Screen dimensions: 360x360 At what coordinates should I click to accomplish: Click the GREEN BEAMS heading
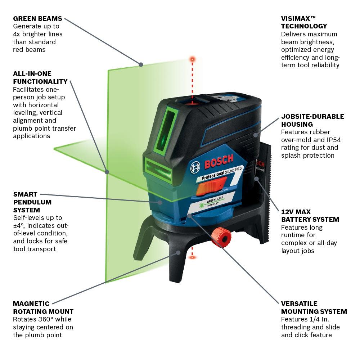click(x=37, y=18)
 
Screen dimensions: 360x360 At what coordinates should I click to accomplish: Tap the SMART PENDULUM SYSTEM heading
click(x=32, y=202)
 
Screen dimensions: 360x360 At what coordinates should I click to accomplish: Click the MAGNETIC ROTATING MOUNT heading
click(x=43, y=308)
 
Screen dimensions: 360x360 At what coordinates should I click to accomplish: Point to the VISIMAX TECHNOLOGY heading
click(x=304, y=22)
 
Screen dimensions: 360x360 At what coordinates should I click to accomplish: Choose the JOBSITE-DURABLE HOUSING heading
click(x=312, y=120)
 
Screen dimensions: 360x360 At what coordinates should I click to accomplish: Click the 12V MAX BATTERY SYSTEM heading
click(x=310, y=216)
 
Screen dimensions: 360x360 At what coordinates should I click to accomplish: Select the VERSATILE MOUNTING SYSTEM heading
click(x=314, y=308)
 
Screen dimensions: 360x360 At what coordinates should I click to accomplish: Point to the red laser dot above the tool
click(x=193, y=58)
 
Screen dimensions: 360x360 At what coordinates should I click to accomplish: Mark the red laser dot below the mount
click(x=193, y=257)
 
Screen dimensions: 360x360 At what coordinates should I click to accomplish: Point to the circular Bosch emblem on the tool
click(x=195, y=166)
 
